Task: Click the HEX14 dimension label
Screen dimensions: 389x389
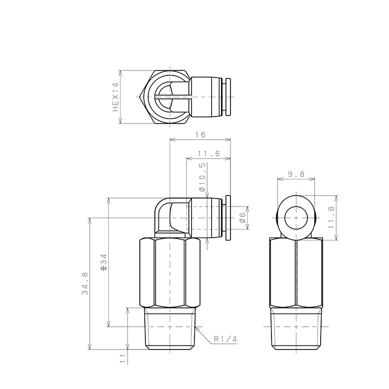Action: coord(116,97)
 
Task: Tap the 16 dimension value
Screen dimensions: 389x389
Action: coord(201,135)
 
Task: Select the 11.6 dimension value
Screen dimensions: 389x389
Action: coord(209,154)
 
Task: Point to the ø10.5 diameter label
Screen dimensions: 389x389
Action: coord(202,177)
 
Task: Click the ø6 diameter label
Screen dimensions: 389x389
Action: coord(243,218)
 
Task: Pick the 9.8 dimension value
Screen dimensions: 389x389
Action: coord(296,174)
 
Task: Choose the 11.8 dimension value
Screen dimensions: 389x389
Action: coord(331,218)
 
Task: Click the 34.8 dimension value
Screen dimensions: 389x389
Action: coord(85,283)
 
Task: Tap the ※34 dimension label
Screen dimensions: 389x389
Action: coord(104,262)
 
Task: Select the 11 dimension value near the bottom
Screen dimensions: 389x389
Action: coord(123,359)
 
